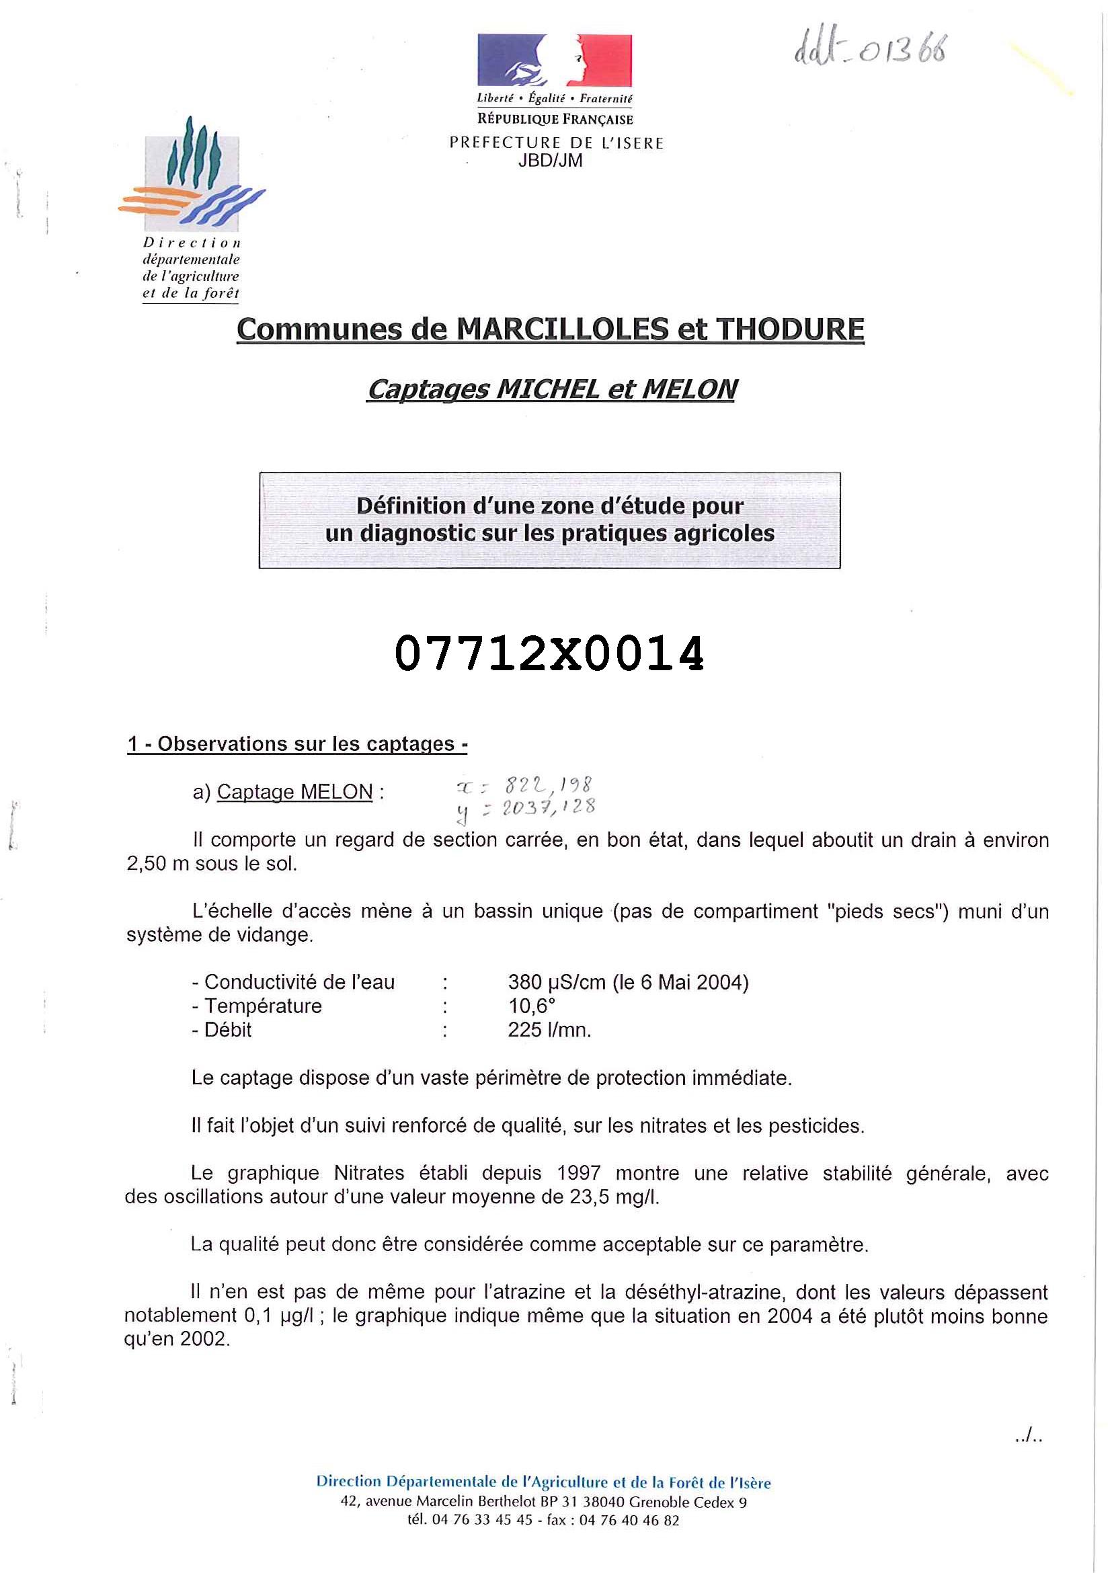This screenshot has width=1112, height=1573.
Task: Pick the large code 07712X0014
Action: point(549,653)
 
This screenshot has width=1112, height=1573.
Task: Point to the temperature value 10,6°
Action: point(532,1006)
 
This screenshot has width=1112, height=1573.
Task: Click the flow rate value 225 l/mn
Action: point(549,1030)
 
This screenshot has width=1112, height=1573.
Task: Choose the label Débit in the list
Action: point(227,1030)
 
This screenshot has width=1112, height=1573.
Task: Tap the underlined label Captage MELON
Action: point(294,792)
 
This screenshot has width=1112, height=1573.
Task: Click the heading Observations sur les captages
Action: point(306,744)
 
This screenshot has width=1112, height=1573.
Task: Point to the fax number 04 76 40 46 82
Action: point(629,1521)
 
